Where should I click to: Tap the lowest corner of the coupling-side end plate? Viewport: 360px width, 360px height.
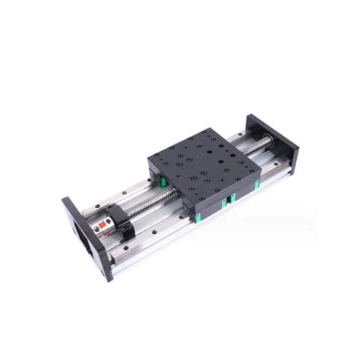[x=108, y=279]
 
